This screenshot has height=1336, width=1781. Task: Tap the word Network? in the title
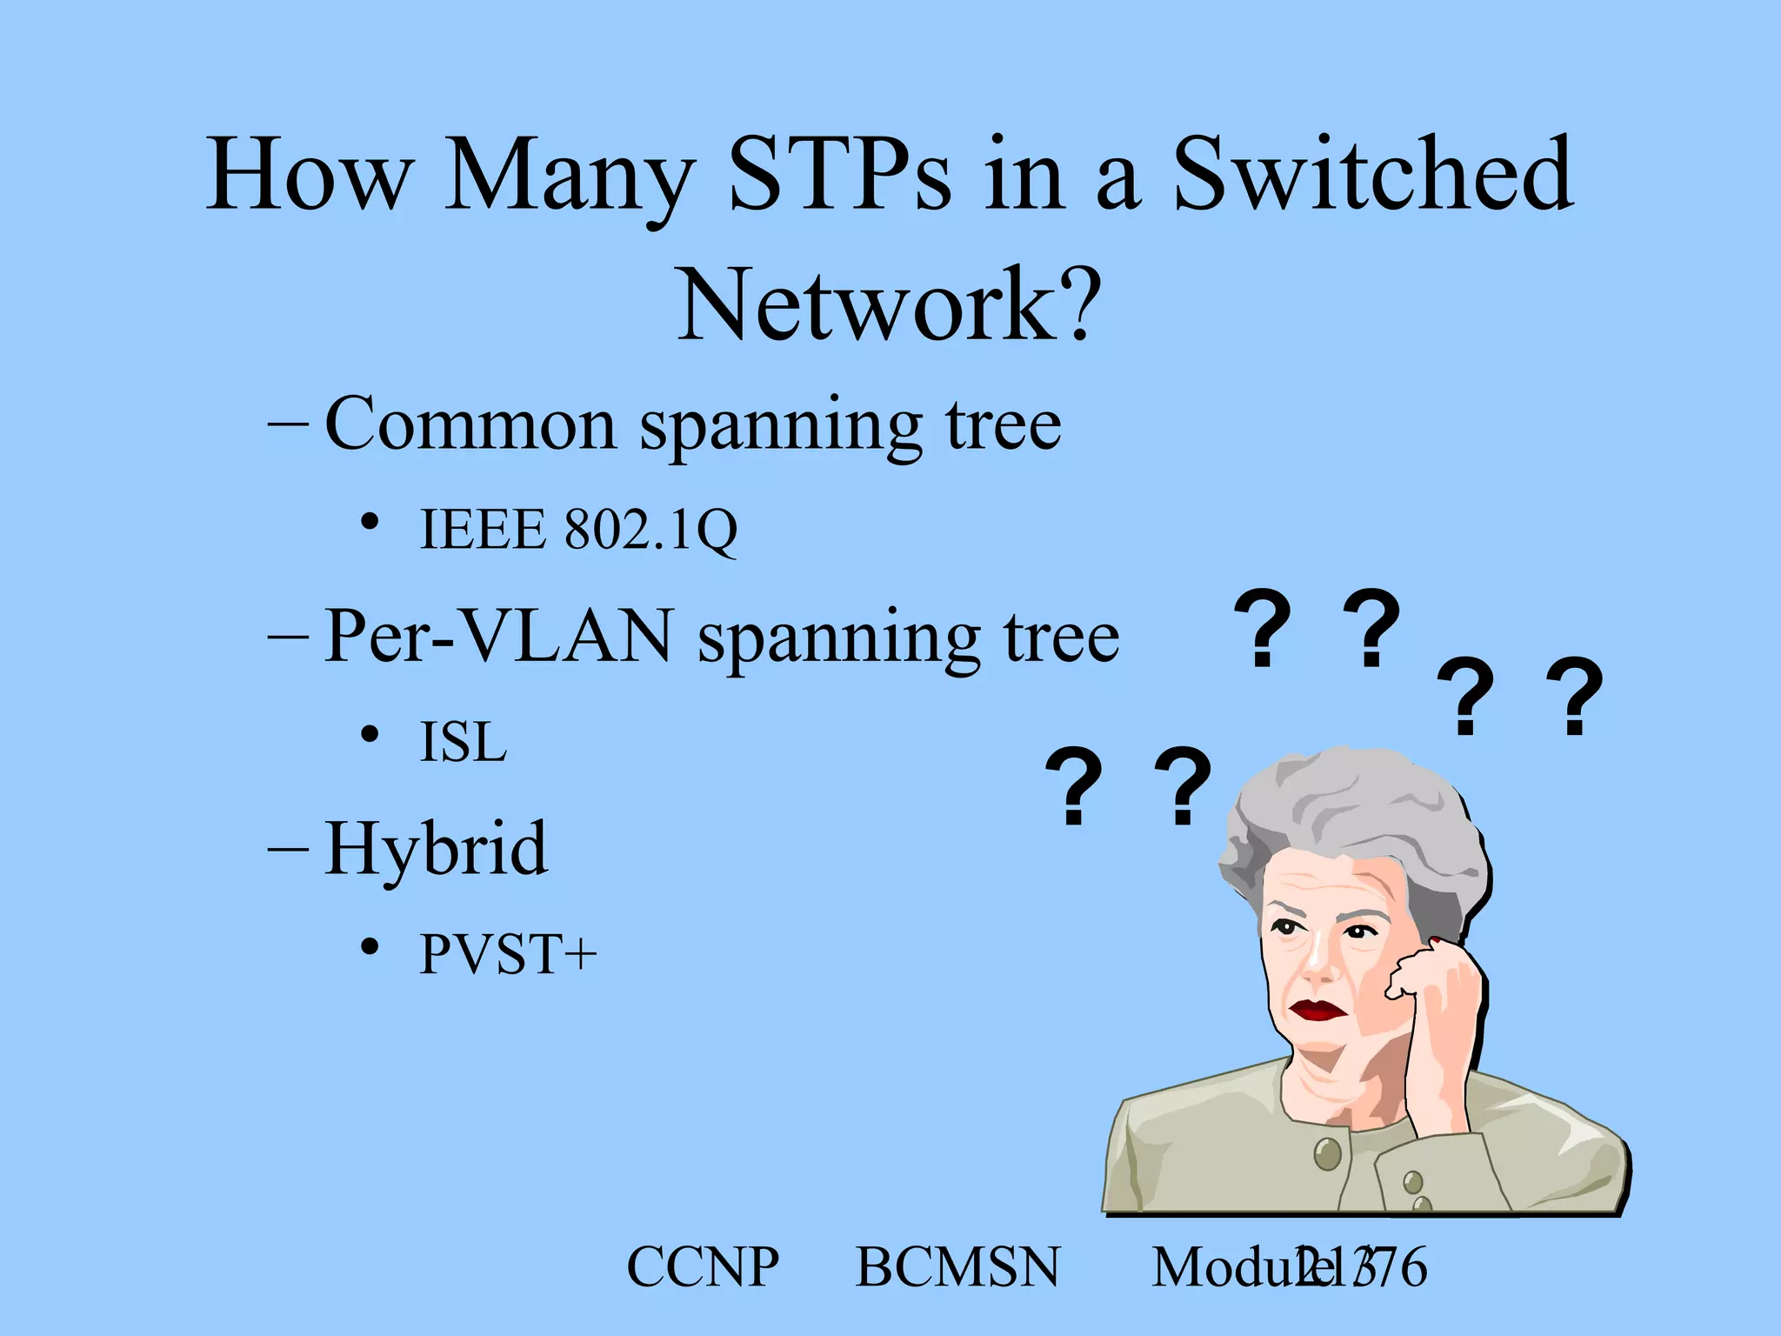pyautogui.click(x=889, y=304)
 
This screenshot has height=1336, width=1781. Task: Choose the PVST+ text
pyautogui.click(x=508, y=954)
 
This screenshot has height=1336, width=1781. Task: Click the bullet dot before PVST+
pyautogui.click(x=370, y=946)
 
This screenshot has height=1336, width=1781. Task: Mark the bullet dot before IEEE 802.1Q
pyautogui.click(x=370, y=522)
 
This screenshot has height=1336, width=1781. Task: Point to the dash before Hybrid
pyautogui.click(x=288, y=848)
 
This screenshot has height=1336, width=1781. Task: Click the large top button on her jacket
pyautogui.click(x=1327, y=1154)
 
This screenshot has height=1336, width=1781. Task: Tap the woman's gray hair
pyautogui.click(x=1357, y=809)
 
